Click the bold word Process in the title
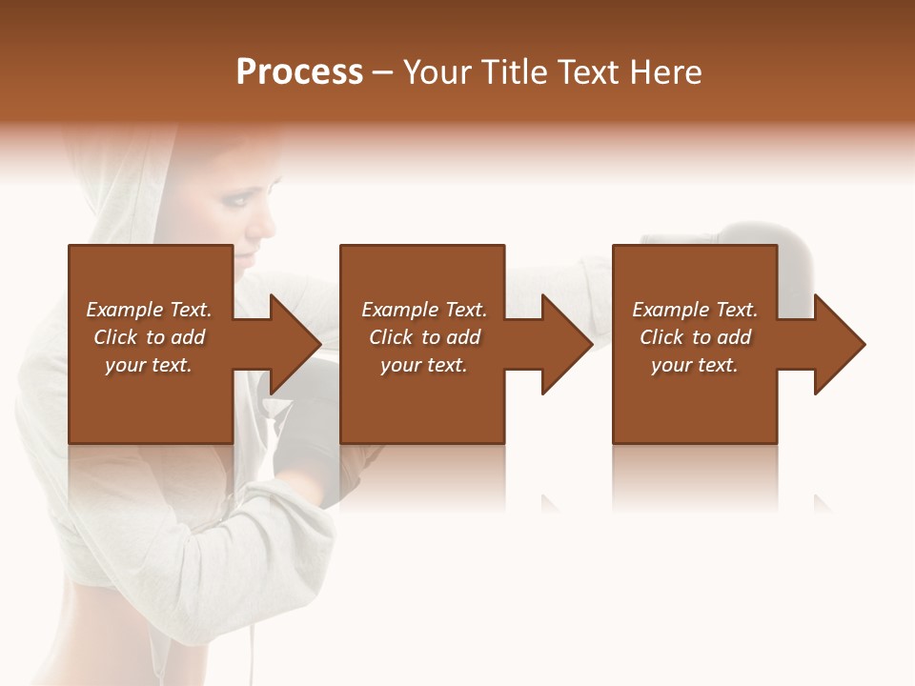click(x=299, y=72)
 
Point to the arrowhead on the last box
click(x=837, y=343)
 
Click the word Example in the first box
click(x=124, y=310)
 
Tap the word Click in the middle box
click(x=390, y=337)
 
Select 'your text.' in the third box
click(x=695, y=365)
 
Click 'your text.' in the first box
click(x=149, y=365)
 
